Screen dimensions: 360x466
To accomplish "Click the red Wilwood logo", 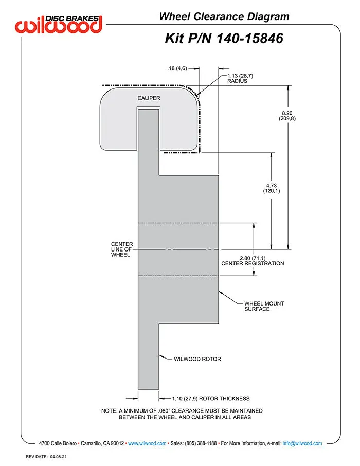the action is coord(59,24).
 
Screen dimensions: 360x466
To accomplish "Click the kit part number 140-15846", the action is coord(249,39).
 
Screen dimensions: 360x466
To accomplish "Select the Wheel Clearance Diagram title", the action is coord(224,16).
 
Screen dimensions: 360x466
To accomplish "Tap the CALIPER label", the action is coord(149,98).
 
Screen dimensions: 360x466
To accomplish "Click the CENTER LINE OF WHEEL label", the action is coord(121,249).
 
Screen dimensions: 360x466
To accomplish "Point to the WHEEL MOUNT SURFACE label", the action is coord(264,306).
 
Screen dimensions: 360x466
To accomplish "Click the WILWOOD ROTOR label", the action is coord(197,359).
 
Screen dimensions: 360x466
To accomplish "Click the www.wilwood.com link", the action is coord(147,443).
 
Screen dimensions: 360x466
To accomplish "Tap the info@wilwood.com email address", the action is coord(302,443).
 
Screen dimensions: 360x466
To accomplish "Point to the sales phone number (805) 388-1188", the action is coord(201,443).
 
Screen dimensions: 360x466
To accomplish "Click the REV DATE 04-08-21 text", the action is coord(46,457).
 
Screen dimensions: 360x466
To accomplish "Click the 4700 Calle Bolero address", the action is coord(58,443).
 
